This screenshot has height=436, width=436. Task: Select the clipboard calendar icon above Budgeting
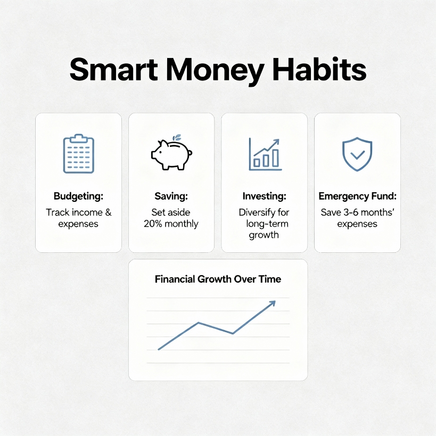(78, 154)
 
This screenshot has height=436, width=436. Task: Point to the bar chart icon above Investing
(265, 154)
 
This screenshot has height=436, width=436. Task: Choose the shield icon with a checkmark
(357, 154)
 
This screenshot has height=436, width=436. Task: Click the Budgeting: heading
(78, 196)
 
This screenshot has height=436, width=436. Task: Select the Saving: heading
(171, 196)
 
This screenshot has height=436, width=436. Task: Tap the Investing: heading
(264, 196)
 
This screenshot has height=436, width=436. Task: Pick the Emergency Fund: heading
(357, 196)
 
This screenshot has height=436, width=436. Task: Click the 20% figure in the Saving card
(153, 224)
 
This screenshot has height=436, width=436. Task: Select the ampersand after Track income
(108, 212)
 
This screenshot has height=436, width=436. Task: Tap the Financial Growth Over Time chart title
(218, 279)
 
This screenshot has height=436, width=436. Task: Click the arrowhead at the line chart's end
(273, 303)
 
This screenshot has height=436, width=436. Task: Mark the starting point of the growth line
(159, 349)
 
